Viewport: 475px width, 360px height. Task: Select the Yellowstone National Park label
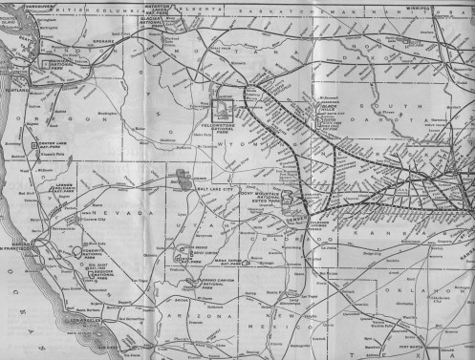(229, 126)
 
